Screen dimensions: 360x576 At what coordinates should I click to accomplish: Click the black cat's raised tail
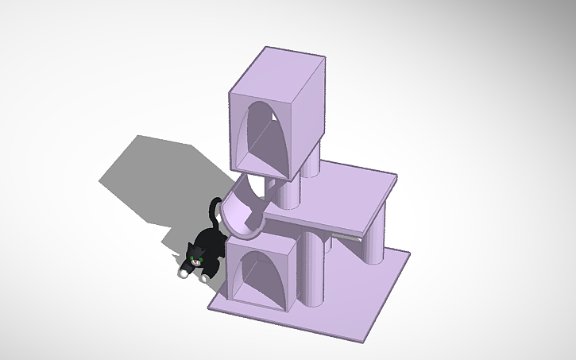pos(214,212)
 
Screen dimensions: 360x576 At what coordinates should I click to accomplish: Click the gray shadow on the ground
pos(151,175)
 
